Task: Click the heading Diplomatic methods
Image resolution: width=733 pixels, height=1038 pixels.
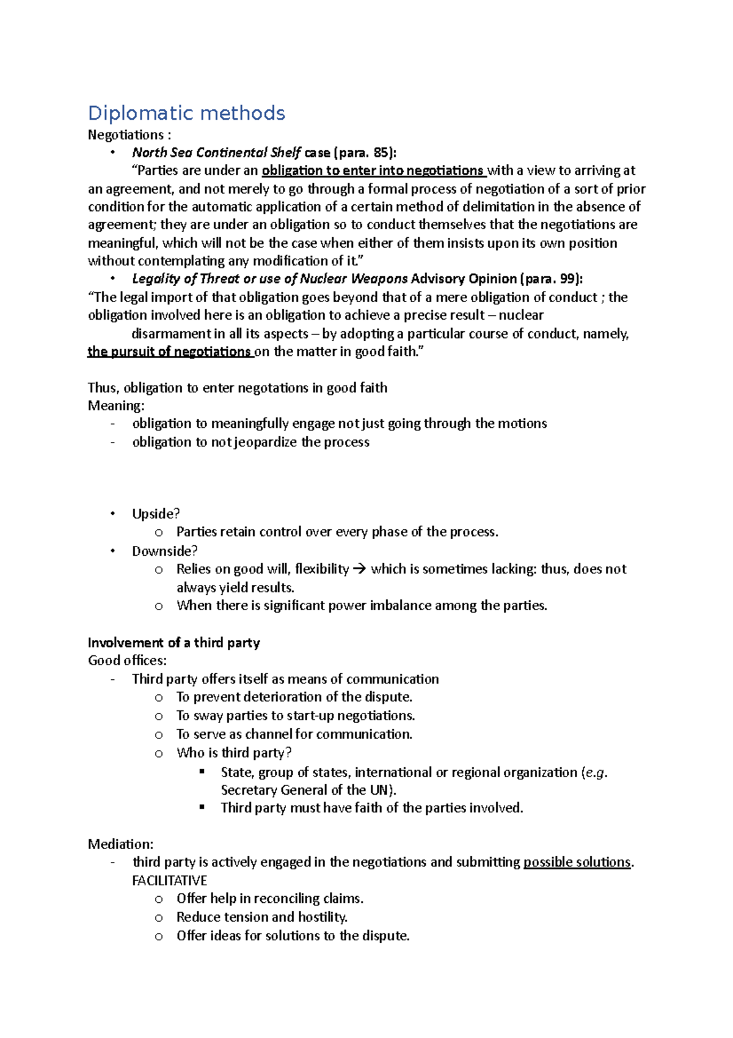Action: tap(186, 113)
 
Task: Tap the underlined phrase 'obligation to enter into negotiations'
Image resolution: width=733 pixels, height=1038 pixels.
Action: tap(373, 171)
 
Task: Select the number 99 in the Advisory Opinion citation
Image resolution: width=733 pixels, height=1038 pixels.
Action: tap(567, 279)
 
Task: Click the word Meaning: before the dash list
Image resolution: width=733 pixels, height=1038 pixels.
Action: tap(116, 405)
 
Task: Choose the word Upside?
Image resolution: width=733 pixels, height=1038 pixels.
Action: tap(156, 513)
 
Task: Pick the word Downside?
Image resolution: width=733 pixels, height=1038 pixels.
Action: tap(165, 551)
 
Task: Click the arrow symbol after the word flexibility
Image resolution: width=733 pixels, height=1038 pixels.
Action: tap(360, 569)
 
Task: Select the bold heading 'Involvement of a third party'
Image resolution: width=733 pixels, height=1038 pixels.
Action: tap(174, 642)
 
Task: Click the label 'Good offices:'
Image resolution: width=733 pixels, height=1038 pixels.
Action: tap(127, 660)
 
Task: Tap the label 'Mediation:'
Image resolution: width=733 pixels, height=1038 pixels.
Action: tap(120, 844)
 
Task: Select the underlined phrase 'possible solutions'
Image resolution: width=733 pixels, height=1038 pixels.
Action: tap(577, 862)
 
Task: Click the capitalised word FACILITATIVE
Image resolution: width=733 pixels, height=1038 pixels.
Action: tap(169, 880)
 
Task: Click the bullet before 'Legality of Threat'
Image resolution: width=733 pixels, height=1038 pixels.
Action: tap(112, 279)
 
